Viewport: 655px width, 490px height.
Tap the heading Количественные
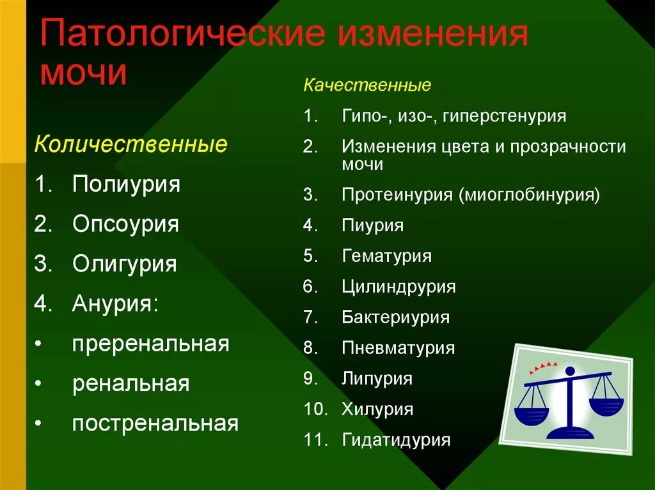click(x=130, y=144)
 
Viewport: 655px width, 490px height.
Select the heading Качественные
click(x=367, y=85)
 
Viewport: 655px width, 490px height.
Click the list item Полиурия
click(x=126, y=185)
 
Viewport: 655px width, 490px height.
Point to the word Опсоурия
click(x=125, y=224)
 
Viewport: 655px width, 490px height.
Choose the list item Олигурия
click(x=124, y=264)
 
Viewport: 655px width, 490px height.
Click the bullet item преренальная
click(x=150, y=344)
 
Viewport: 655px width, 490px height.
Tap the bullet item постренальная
click(x=155, y=423)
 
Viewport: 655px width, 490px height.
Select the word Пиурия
click(x=373, y=226)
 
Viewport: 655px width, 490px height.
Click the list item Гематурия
click(x=387, y=256)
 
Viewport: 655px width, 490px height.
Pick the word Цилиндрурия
click(x=399, y=287)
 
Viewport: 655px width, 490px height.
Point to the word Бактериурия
click(x=396, y=318)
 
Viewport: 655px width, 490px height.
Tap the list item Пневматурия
click(x=399, y=348)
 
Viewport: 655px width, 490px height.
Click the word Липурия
click(x=377, y=378)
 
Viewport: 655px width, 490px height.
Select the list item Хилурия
click(x=377, y=409)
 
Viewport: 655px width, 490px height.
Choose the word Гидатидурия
click(x=397, y=440)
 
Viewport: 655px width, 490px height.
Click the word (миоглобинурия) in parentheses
click(x=529, y=195)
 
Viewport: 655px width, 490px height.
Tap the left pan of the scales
click(x=531, y=413)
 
